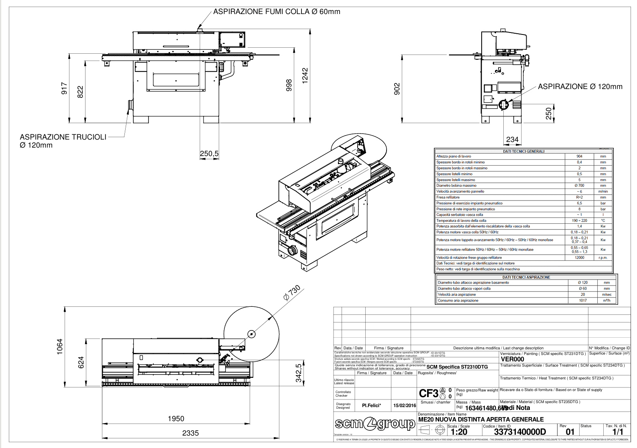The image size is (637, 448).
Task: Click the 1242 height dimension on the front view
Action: click(x=305, y=76)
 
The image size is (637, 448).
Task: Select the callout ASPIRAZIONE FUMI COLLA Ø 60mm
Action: click(x=277, y=12)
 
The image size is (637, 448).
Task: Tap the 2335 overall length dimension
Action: click(x=190, y=433)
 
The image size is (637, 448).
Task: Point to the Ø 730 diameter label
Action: click(x=291, y=293)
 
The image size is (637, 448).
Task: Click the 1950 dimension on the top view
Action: click(x=176, y=419)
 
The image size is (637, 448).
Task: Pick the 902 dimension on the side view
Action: click(x=397, y=89)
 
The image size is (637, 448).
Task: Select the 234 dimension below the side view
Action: click(x=512, y=140)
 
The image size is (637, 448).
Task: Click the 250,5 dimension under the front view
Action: click(x=209, y=154)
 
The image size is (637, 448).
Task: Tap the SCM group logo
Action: click(x=375, y=424)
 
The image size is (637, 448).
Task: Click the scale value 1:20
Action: click(x=459, y=432)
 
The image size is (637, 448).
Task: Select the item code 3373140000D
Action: click(x=520, y=432)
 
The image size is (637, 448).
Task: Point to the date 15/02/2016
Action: click(x=405, y=405)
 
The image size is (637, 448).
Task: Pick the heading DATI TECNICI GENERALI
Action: click(x=523, y=152)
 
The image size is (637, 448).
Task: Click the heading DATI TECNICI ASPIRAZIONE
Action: click(x=526, y=277)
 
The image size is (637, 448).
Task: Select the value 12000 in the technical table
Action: click(x=579, y=257)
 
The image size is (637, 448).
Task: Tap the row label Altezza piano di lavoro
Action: click(x=454, y=156)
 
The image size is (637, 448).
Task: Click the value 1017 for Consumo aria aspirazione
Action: click(x=583, y=300)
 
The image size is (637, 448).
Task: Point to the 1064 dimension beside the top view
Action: click(x=60, y=347)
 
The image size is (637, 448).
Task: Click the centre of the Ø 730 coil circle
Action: click(x=251, y=334)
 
